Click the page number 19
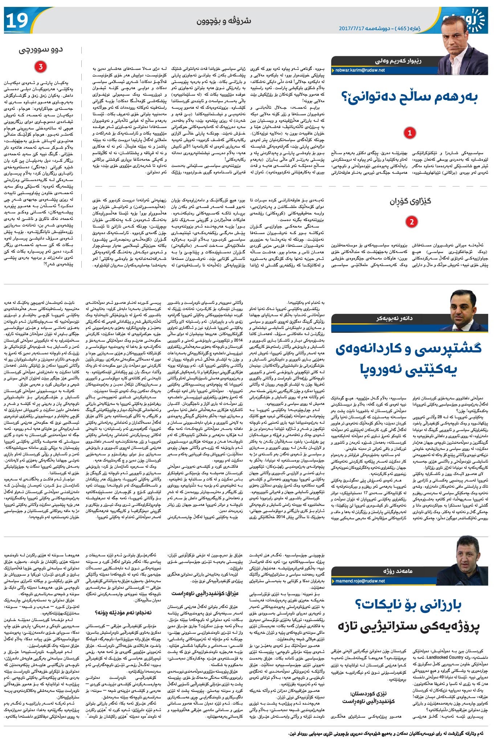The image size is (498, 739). point(17,21)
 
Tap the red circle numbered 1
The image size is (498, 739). point(410,133)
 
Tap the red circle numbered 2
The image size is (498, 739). point(411,221)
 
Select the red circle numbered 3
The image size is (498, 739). point(40,67)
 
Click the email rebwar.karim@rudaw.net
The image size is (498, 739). point(360,70)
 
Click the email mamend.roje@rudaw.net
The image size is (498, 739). point(360,581)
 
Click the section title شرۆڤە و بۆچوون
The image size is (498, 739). point(224,21)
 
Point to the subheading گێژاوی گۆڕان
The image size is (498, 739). point(410,201)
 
